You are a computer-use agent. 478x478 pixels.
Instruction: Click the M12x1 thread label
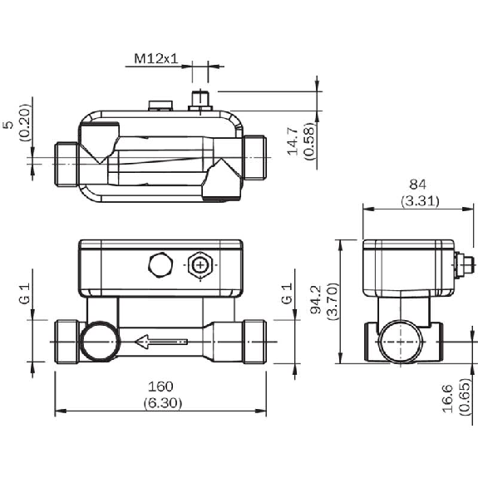(x=155, y=58)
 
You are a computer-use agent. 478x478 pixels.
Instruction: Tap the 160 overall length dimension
(x=160, y=387)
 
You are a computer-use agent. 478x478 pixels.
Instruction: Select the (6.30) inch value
(x=163, y=403)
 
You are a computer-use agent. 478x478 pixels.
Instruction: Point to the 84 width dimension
(x=417, y=184)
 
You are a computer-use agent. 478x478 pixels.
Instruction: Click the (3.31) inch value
(x=420, y=201)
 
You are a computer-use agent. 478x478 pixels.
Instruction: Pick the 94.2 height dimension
(x=316, y=299)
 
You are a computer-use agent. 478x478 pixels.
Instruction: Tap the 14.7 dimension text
(x=293, y=141)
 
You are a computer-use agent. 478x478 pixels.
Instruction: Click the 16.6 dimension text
(x=448, y=399)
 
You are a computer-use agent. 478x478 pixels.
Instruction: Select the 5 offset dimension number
(x=10, y=125)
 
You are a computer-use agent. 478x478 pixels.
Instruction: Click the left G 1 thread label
(x=25, y=293)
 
